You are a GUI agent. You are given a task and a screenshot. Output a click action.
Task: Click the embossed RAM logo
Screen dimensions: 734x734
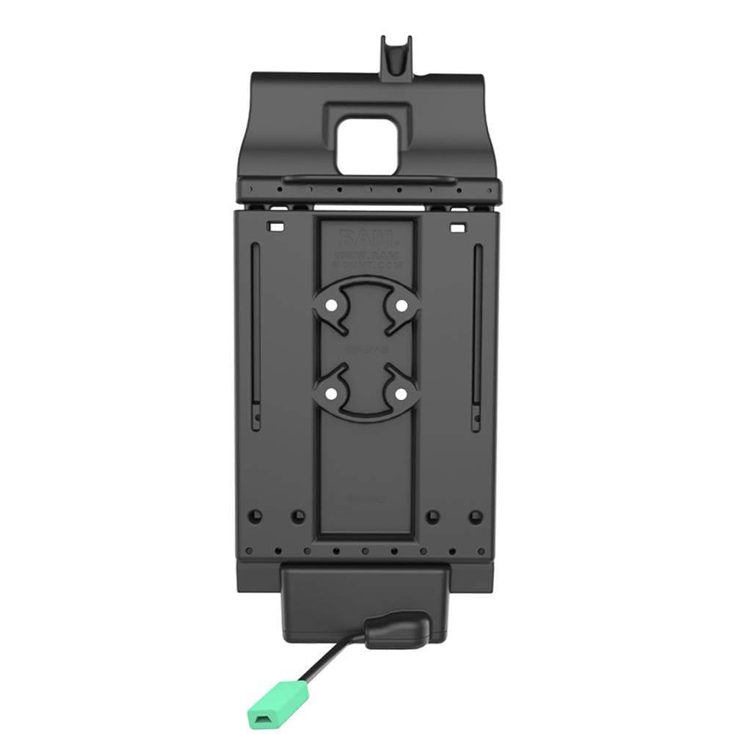[366, 239]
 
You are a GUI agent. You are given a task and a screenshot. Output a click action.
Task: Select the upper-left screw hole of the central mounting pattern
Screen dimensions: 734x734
[332, 305]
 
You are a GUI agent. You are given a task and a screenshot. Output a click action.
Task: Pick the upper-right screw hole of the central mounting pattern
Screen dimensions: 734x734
[401, 305]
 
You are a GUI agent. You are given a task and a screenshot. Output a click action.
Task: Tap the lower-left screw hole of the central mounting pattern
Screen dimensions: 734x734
[332, 395]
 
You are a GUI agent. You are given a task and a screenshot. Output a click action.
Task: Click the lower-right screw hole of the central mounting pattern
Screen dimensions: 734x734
[401, 395]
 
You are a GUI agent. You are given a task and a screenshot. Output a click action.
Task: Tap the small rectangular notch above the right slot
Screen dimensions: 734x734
[458, 227]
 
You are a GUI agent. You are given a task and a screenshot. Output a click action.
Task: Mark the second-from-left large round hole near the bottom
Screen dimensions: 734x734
[297, 516]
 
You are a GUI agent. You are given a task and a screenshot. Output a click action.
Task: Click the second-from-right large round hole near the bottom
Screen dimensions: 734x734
[433, 516]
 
